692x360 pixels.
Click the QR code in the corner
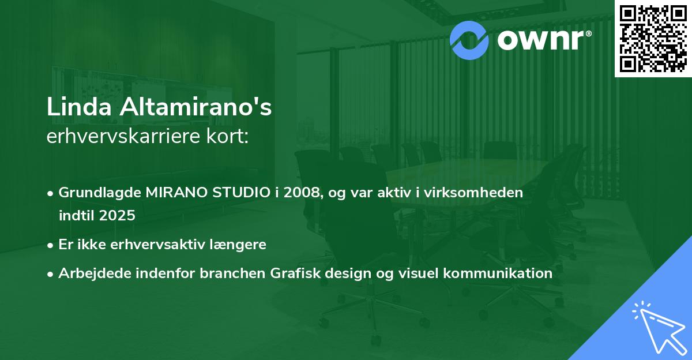[x=653, y=39]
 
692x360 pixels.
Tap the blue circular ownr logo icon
[x=469, y=40]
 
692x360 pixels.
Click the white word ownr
[x=540, y=40]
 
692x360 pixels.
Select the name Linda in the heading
[x=79, y=107]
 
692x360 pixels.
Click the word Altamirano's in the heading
[x=196, y=107]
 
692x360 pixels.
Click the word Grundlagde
[x=100, y=193]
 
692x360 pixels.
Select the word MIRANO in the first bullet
[x=176, y=193]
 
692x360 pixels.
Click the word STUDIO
[x=241, y=193]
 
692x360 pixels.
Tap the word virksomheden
[x=473, y=193]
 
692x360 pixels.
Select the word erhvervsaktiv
[x=158, y=245]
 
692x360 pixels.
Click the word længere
[x=238, y=245]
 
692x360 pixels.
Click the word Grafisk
[x=295, y=273]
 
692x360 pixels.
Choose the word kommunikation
[x=498, y=273]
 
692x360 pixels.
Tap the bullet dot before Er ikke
[x=50, y=246]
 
